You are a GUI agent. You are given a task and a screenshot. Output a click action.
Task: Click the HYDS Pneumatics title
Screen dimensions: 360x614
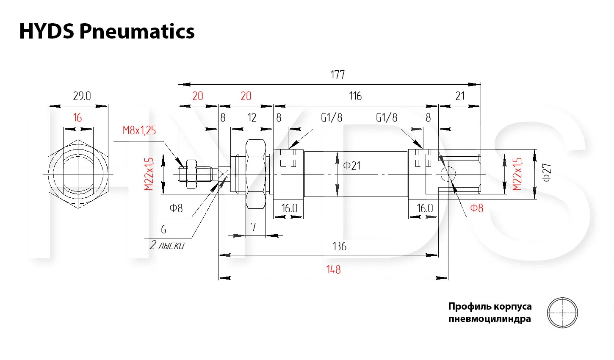tap(107, 31)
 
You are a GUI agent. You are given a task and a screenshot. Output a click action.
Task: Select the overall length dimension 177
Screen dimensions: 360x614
tap(337, 75)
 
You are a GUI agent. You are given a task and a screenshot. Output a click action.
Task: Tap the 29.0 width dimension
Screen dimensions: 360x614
tap(82, 96)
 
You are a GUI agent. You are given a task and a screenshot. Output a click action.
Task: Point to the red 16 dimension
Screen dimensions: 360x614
tap(77, 118)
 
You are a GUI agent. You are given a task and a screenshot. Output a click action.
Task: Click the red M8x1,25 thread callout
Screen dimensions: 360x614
tap(139, 130)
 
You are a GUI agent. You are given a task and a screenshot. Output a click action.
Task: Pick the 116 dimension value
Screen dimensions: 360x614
tap(355, 96)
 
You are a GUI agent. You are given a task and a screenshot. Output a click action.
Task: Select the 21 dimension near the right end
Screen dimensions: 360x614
tap(460, 96)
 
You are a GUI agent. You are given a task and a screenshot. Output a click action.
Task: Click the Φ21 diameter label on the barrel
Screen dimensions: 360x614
tap(351, 165)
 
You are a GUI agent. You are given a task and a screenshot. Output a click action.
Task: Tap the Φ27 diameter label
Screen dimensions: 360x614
tap(547, 172)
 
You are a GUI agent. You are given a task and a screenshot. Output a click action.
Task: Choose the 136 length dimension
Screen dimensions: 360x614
tap(339, 246)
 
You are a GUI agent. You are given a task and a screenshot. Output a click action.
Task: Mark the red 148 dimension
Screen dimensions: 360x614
tap(333, 270)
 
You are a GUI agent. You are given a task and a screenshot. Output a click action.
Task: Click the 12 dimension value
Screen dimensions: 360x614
tap(252, 118)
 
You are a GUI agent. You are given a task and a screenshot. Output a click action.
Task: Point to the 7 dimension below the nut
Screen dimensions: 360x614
tap(253, 227)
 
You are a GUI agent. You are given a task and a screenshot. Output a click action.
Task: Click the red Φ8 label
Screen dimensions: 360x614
tap(476, 208)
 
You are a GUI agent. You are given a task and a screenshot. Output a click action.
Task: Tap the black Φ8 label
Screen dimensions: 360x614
tap(176, 208)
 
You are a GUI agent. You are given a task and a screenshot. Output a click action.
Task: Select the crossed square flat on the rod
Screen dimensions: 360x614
tap(223, 174)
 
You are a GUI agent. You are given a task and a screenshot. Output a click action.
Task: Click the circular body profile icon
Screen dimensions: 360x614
tap(562, 313)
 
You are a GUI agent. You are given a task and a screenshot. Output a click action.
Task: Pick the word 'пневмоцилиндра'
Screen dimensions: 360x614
tap(490, 319)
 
